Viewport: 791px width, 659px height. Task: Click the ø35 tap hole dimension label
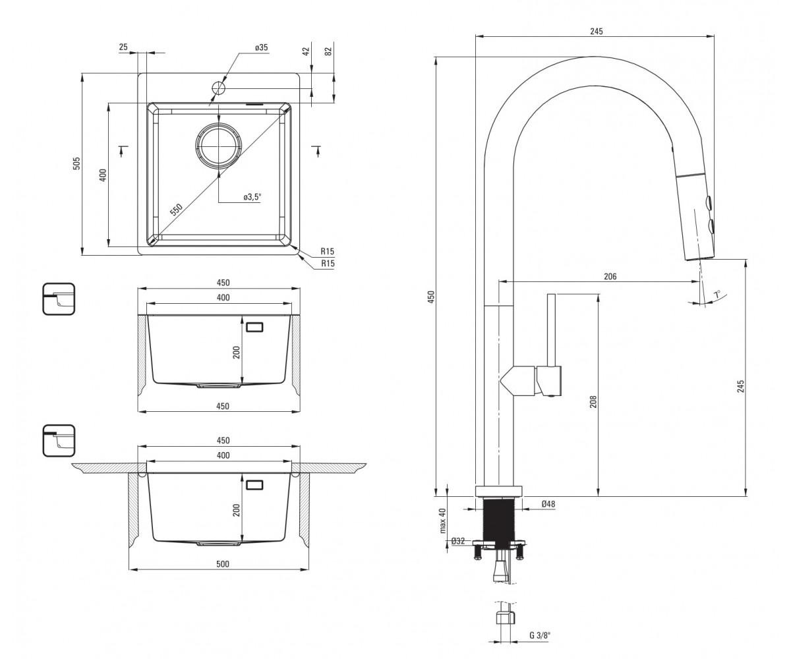pyautogui.click(x=261, y=47)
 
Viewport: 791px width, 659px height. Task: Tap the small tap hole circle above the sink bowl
pyautogui.click(x=219, y=88)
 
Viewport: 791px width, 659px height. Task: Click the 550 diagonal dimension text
pyautogui.click(x=176, y=209)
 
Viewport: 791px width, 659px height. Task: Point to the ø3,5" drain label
pyautogui.click(x=252, y=197)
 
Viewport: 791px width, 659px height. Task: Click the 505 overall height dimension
pyautogui.click(x=77, y=163)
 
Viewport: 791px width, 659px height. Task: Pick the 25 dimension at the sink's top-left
pyautogui.click(x=123, y=47)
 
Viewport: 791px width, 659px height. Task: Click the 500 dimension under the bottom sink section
pyautogui.click(x=223, y=564)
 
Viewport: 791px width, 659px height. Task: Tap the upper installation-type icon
pyautogui.click(x=59, y=299)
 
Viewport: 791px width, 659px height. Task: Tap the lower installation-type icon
pyautogui.click(x=59, y=440)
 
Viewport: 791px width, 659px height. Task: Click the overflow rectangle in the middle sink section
pyautogui.click(x=254, y=327)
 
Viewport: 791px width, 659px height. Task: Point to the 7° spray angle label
pyautogui.click(x=717, y=294)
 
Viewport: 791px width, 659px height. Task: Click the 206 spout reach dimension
pyautogui.click(x=610, y=277)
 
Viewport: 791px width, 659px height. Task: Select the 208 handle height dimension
pyautogui.click(x=593, y=401)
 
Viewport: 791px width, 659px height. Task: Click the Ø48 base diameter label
pyautogui.click(x=548, y=503)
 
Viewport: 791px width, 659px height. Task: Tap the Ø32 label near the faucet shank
pyautogui.click(x=458, y=541)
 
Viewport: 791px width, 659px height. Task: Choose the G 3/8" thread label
pyautogui.click(x=540, y=635)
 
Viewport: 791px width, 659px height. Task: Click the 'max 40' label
pyautogui.click(x=443, y=521)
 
